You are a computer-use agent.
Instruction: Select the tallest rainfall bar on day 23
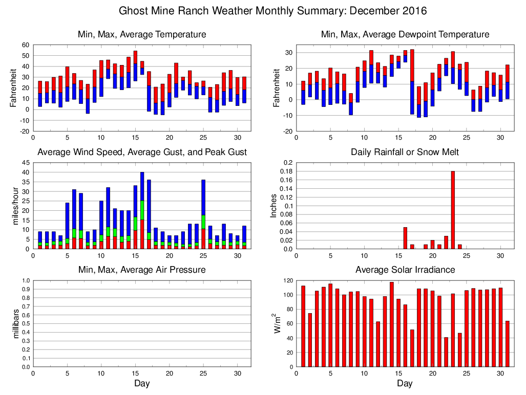[453, 210]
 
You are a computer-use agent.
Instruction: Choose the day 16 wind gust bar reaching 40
[142, 210]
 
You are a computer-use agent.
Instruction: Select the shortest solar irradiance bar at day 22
[446, 352]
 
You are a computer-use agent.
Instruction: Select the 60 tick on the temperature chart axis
[26, 45]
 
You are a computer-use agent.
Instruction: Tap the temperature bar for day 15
[135, 65]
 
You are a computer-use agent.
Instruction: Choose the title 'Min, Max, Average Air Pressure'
[142, 270]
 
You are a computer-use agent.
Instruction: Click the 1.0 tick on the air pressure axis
[25, 280]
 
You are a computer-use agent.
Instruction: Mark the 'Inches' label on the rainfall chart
[274, 206]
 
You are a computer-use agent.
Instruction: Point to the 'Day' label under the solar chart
[405, 383]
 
